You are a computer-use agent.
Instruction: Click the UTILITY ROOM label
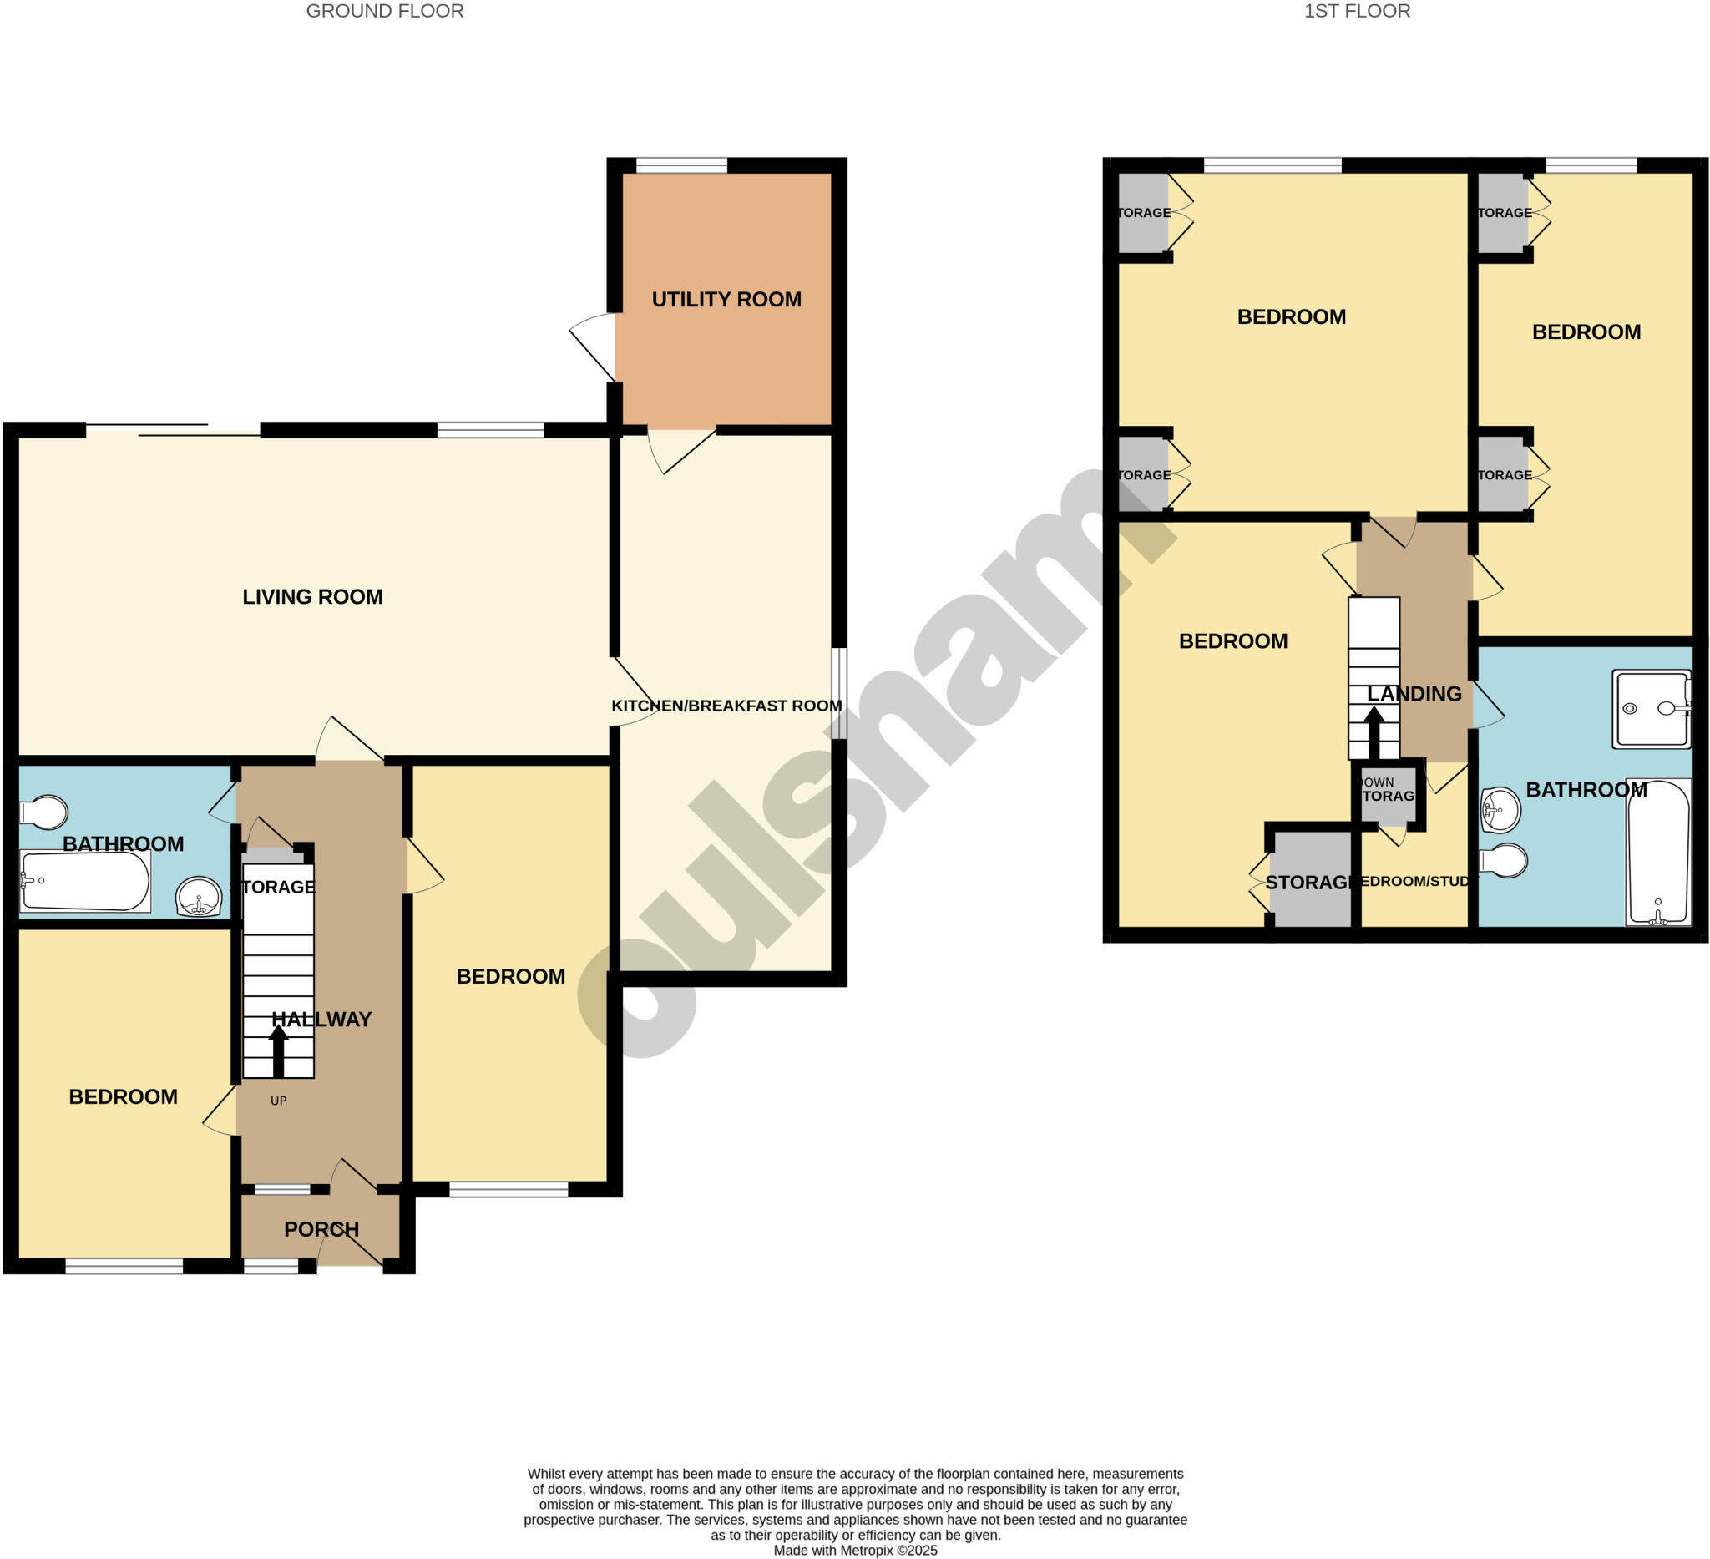click(x=726, y=300)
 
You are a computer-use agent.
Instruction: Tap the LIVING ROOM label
click(x=312, y=597)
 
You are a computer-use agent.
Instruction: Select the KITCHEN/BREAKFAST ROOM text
click(x=726, y=706)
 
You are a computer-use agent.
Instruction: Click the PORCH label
click(x=321, y=1229)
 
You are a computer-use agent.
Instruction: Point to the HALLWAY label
click(x=321, y=1020)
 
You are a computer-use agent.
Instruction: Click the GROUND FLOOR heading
click(x=384, y=11)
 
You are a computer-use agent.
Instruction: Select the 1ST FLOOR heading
click(x=1357, y=11)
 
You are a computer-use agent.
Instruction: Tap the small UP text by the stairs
click(x=278, y=1101)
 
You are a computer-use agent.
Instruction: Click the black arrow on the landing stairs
click(x=1374, y=732)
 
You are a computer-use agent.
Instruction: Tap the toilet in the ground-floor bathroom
click(x=44, y=812)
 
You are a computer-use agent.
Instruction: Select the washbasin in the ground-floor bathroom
click(x=200, y=898)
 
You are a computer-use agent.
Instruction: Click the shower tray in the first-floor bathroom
click(x=1652, y=709)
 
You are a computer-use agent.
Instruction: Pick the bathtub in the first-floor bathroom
click(x=1658, y=853)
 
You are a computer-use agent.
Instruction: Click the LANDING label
click(x=1414, y=694)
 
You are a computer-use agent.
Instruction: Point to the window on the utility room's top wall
click(x=681, y=165)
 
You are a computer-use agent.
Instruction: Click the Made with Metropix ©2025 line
click(x=855, y=1551)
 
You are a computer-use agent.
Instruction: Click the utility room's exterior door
click(x=594, y=346)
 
